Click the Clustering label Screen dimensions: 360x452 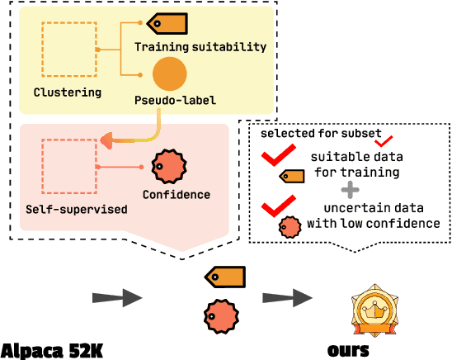pyautogui.click(x=67, y=92)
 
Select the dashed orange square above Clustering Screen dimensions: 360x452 pyautogui.click(x=70, y=50)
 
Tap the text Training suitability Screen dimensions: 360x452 pyautogui.click(x=200, y=47)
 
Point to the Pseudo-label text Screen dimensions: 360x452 pyautogui.click(x=175, y=100)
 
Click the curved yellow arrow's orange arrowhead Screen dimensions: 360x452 pyautogui.click(x=106, y=142)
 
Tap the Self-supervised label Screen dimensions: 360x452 pyautogui.click(x=76, y=210)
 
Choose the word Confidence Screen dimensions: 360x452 pyautogui.click(x=176, y=195)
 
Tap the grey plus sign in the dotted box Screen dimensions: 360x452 pyautogui.click(x=351, y=190)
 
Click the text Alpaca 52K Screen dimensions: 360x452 pyautogui.click(x=52, y=349)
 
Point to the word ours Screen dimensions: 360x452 pyautogui.click(x=348, y=349)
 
